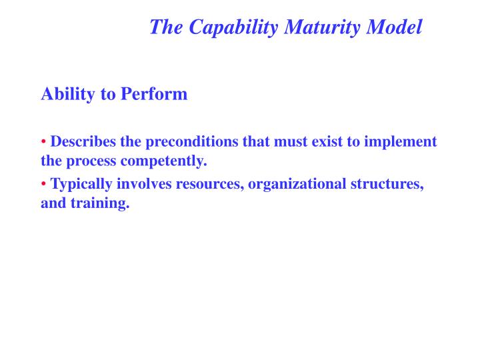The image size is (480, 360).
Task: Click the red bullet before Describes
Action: (x=44, y=142)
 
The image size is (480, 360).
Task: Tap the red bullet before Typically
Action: (x=44, y=185)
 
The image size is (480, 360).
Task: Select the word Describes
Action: (x=84, y=142)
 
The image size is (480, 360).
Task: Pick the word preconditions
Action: (x=185, y=142)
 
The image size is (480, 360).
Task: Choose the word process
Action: (x=89, y=161)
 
